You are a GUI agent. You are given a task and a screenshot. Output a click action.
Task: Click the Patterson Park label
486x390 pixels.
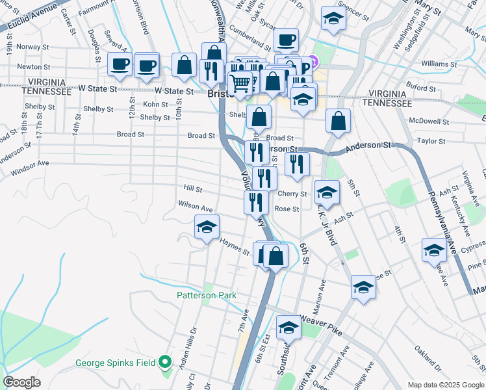(207, 295)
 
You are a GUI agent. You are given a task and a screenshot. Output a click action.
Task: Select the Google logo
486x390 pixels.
(21, 382)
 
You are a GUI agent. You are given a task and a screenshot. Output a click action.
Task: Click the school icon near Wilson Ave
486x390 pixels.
(207, 227)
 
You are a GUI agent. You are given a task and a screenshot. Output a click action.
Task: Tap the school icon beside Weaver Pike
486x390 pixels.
(289, 327)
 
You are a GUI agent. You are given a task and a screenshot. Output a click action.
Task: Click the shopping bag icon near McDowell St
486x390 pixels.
(339, 120)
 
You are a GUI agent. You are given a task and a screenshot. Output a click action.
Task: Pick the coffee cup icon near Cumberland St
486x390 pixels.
(285, 40)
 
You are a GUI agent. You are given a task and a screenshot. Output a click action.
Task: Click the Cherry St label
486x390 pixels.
(292, 194)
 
